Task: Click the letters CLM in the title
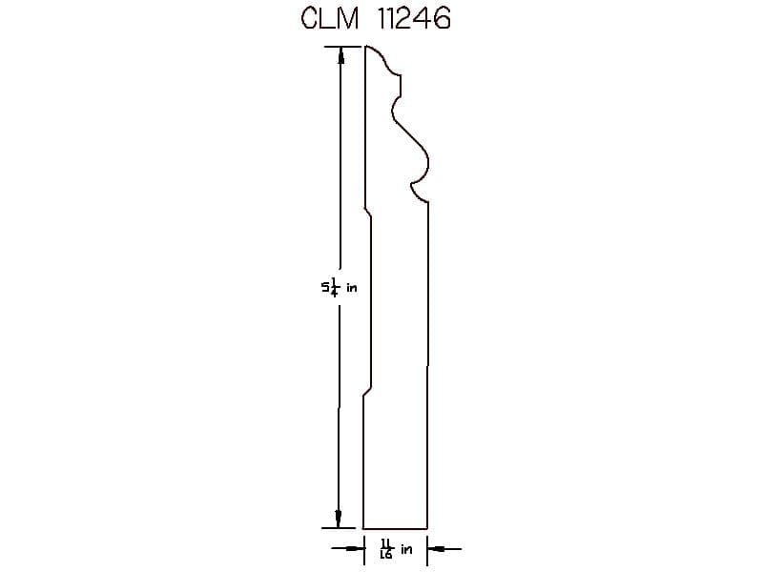click(329, 19)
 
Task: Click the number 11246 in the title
click(414, 19)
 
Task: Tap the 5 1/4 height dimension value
click(330, 288)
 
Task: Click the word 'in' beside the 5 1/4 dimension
click(351, 288)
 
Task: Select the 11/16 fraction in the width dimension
click(386, 549)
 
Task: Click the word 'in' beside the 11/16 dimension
click(406, 550)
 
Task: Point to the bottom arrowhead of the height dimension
click(339, 519)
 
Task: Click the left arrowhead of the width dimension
click(356, 549)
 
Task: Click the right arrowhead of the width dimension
click(437, 549)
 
